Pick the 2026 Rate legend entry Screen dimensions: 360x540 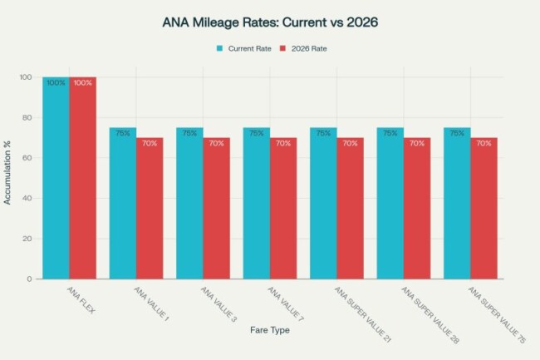click(x=304, y=48)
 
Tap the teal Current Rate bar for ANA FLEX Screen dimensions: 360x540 click(x=56, y=179)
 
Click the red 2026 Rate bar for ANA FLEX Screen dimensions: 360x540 click(x=83, y=179)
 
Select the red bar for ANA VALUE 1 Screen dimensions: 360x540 click(x=150, y=208)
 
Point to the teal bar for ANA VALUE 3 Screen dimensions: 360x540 click(x=189, y=204)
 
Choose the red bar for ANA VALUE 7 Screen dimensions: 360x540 click(x=283, y=208)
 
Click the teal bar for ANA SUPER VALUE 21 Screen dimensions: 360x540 click(x=323, y=204)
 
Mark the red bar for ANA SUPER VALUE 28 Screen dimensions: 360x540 click(x=417, y=208)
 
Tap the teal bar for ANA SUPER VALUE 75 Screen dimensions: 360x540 click(x=457, y=204)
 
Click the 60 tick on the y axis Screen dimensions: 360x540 click(x=27, y=158)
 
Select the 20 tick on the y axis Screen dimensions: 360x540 click(x=27, y=239)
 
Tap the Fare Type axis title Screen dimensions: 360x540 click(x=270, y=331)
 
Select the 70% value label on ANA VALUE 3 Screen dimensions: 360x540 click(x=216, y=143)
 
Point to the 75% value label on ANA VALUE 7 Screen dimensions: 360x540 click(x=256, y=133)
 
